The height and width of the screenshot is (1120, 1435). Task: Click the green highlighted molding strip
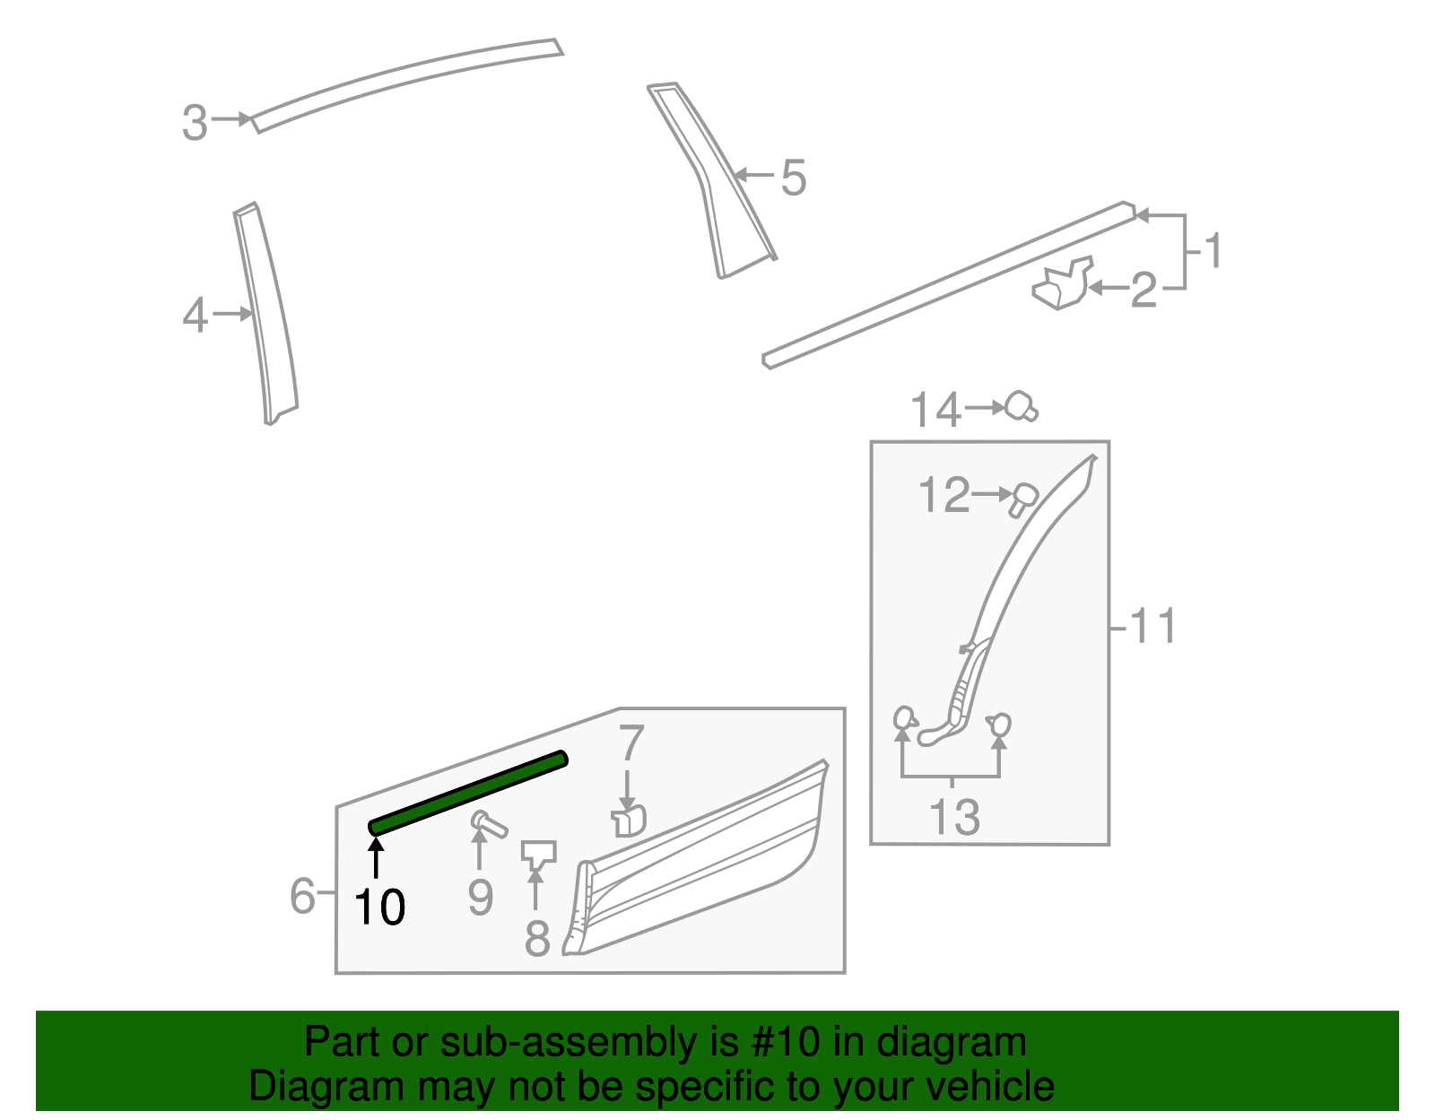click(x=468, y=793)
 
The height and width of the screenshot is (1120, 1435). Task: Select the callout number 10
click(x=379, y=907)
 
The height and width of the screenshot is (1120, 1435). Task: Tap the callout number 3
click(x=195, y=123)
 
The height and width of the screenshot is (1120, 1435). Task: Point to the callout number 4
click(x=196, y=316)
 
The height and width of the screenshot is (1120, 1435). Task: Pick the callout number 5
click(x=793, y=178)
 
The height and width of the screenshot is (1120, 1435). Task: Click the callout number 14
click(x=935, y=411)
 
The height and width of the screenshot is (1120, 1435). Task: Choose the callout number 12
click(x=944, y=496)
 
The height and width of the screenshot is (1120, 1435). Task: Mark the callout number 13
click(x=954, y=817)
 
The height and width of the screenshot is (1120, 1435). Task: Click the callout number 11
click(x=1152, y=626)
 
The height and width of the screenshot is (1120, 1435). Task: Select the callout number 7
click(x=631, y=743)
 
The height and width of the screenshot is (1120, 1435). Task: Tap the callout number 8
click(x=536, y=938)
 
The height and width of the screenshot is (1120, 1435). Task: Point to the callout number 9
click(x=481, y=897)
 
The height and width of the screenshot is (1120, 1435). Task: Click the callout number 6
click(x=303, y=895)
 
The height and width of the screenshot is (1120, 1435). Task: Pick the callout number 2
click(x=1144, y=291)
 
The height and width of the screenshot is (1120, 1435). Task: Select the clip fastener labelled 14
click(x=1021, y=407)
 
